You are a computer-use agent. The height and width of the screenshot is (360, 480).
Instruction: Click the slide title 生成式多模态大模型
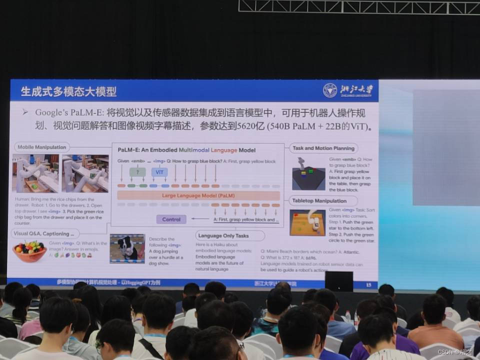[x=68, y=91]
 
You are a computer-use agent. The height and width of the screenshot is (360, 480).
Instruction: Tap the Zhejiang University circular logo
[x=330, y=90]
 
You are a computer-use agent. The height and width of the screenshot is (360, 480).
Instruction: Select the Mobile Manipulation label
[x=41, y=147]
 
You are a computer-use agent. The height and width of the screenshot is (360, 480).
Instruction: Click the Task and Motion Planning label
[x=323, y=148]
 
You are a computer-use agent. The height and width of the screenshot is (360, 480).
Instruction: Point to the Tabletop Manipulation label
[x=320, y=201]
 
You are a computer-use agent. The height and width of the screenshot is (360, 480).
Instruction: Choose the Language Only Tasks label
[x=229, y=235]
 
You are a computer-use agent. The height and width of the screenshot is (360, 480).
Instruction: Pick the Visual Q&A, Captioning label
[x=45, y=233]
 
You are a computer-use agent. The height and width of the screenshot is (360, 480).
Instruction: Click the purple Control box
[x=171, y=219]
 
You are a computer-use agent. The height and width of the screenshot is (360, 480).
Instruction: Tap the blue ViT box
[x=159, y=172]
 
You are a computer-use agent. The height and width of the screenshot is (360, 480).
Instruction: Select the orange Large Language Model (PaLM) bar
[x=198, y=195]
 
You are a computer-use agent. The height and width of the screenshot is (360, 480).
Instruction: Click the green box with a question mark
[x=137, y=172]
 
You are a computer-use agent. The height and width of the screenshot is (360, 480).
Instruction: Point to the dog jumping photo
[x=127, y=248]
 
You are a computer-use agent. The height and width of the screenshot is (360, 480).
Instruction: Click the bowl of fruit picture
[x=29, y=250]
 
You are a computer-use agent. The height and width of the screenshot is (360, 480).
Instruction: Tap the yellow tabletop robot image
[x=307, y=222]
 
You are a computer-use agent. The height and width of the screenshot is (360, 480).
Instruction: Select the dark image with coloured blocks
[x=308, y=173]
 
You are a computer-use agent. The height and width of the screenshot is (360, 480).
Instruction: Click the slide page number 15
[x=368, y=284]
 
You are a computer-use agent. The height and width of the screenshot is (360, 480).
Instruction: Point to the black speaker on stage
[x=338, y=281]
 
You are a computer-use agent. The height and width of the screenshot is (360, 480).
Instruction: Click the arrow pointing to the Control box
[x=200, y=219]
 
